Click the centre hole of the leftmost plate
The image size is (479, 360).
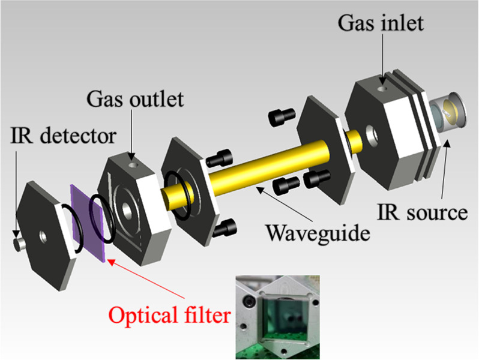tap(43, 236)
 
